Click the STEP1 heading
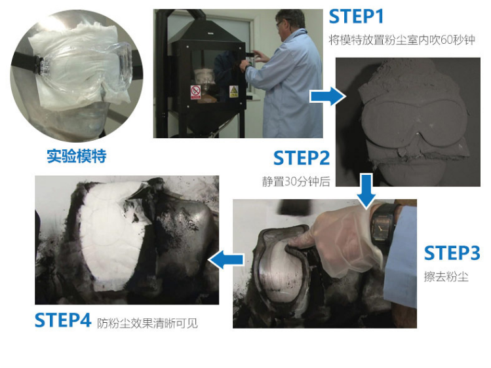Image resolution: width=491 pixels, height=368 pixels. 356,16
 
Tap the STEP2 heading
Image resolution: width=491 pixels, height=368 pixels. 302,158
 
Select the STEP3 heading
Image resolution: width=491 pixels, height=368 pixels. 452,253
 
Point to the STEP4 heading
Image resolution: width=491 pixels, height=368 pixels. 63,320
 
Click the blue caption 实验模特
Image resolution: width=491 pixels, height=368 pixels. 77,156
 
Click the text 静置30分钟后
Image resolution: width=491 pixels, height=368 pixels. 296,181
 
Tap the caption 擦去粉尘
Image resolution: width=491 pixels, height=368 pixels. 446,276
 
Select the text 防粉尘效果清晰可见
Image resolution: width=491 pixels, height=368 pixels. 147,323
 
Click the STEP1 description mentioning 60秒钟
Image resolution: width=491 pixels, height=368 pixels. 402,40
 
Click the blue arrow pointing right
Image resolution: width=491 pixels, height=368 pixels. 327,96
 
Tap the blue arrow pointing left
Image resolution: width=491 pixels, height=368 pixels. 226,259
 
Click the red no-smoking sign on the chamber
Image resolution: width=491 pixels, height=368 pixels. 195,92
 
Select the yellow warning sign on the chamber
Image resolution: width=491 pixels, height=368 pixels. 233,91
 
